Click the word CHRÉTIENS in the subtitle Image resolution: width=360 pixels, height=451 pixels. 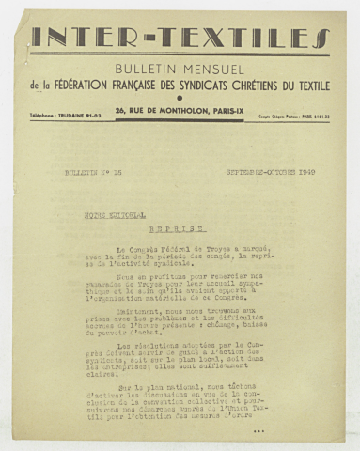tap(275, 86)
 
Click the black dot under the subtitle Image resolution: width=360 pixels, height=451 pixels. tap(180, 99)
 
